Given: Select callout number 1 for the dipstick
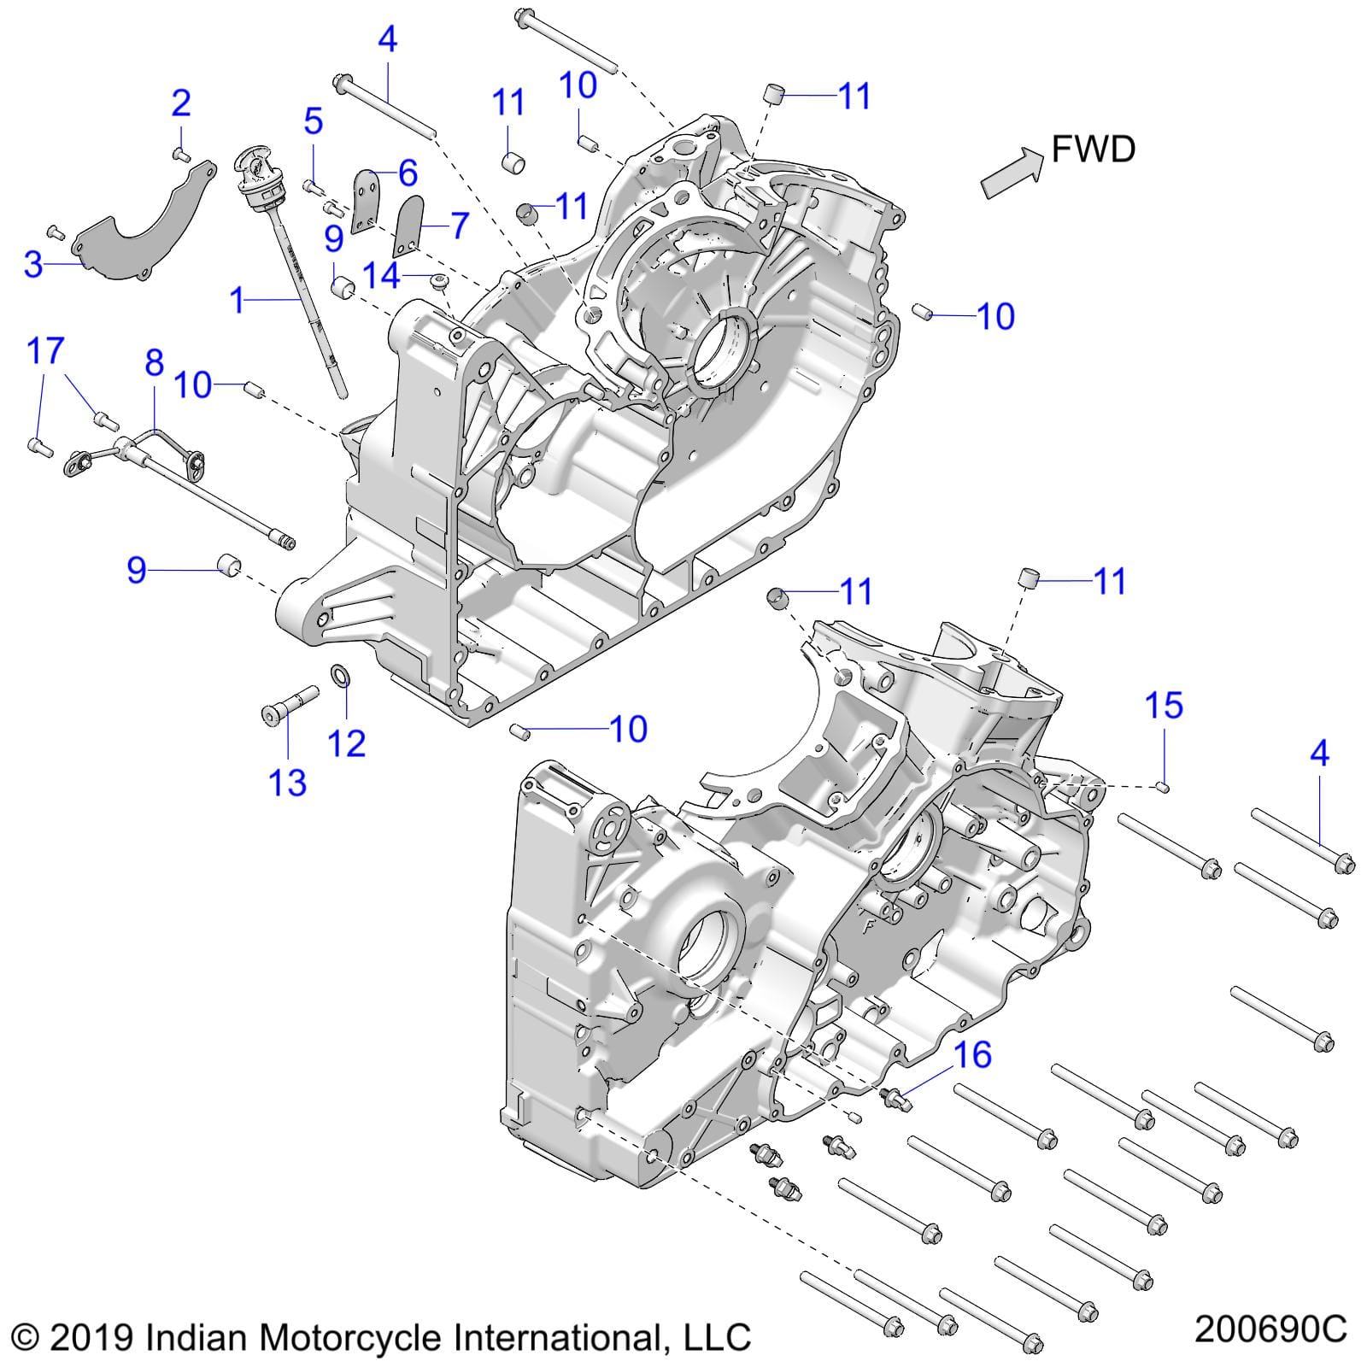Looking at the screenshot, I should coord(238,300).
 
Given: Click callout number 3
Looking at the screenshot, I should coord(32,264).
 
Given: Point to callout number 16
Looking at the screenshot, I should coord(971,1055).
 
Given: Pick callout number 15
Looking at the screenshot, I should coord(1164,706).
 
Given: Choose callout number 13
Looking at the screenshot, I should coord(287,782).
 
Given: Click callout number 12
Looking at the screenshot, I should coord(347,743).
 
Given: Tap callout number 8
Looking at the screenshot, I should coord(154,363).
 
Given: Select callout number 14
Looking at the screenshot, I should coord(381,275).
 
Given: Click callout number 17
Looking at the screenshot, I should coord(45,350).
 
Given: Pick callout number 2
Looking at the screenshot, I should coord(181,103).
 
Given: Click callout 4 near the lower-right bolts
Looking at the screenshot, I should coord(1319,753).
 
